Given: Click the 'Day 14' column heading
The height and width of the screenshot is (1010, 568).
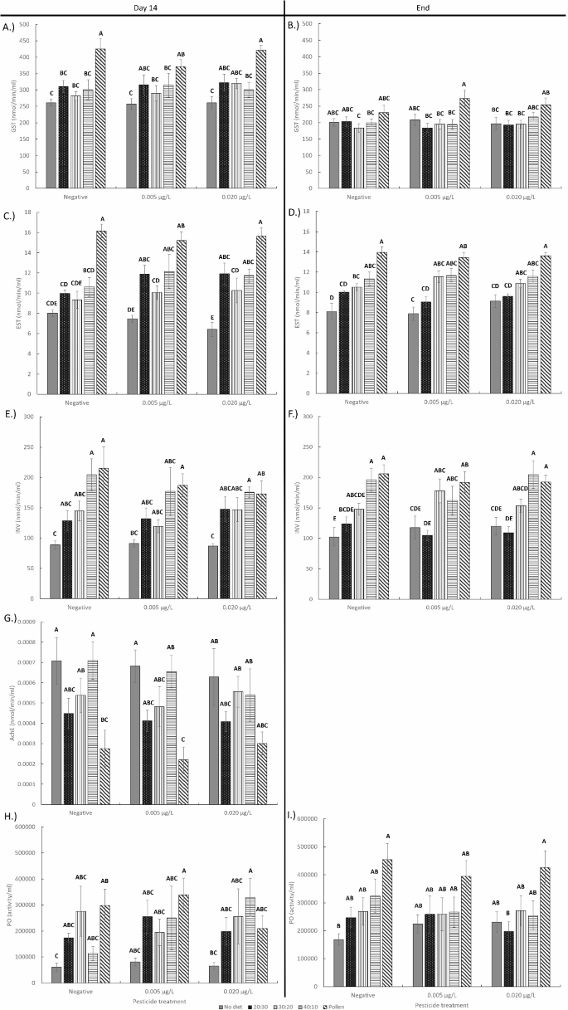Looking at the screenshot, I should [x=142, y=7].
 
